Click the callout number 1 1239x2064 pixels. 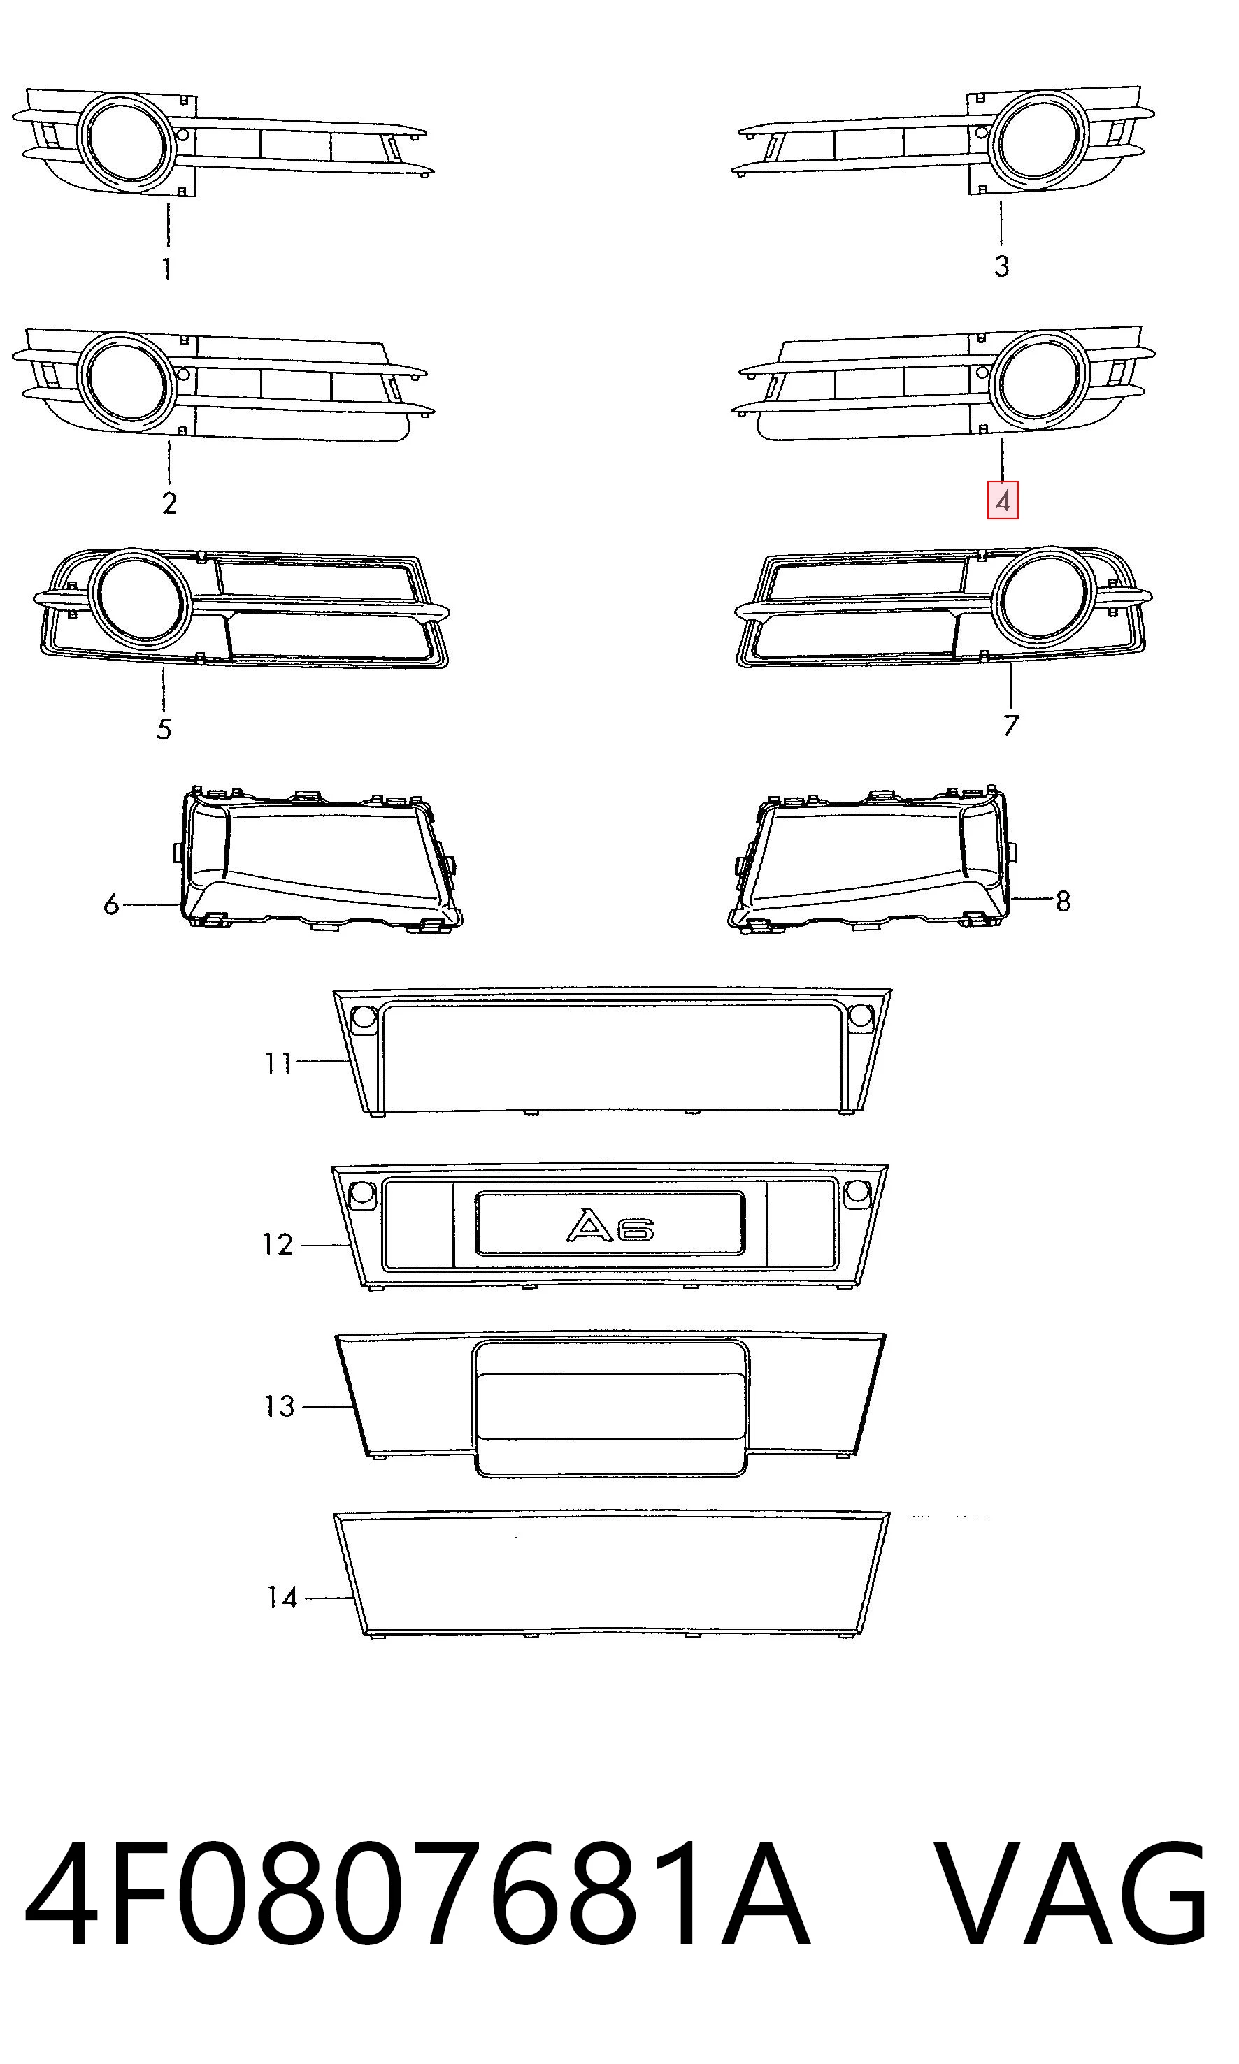pyautogui.click(x=167, y=268)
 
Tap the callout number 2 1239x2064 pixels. pyautogui.click(x=169, y=503)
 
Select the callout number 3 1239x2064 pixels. pyautogui.click(x=1002, y=266)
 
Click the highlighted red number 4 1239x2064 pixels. pyautogui.click(x=1003, y=502)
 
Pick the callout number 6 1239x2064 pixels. pyautogui.click(x=111, y=904)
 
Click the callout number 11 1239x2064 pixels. pyautogui.click(x=278, y=1063)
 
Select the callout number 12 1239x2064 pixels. pyautogui.click(x=278, y=1246)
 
